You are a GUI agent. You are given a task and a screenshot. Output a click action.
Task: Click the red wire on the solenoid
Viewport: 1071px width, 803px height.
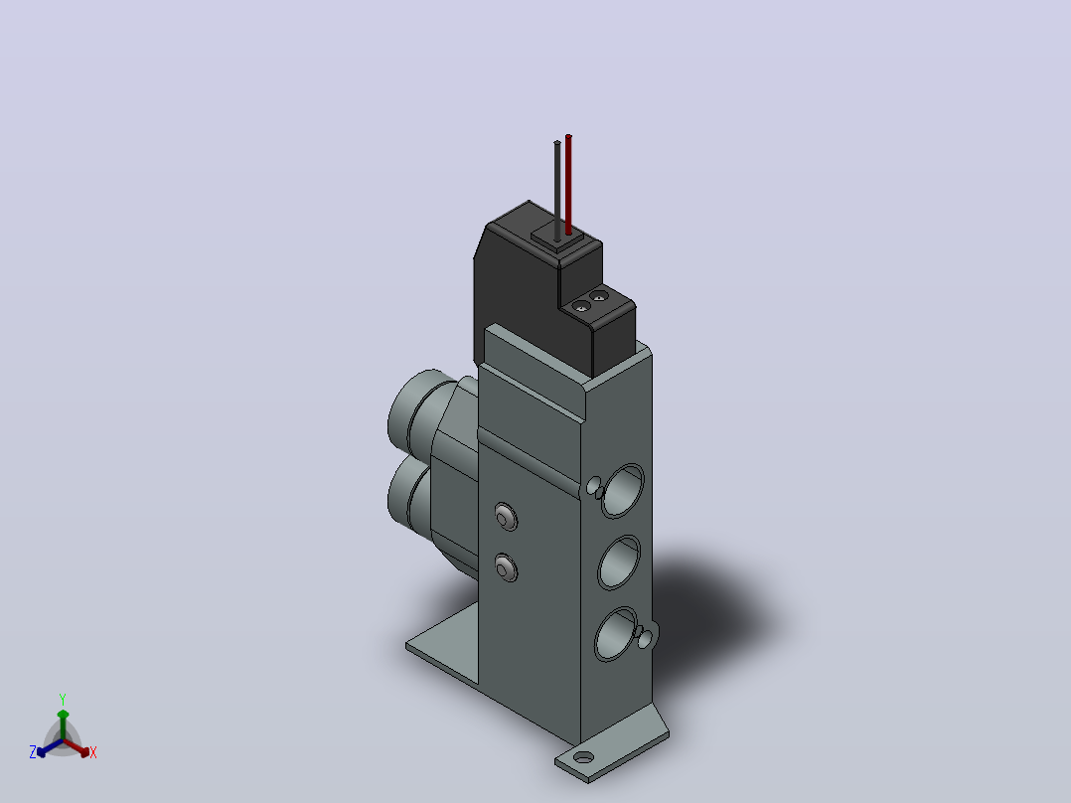coord(568,185)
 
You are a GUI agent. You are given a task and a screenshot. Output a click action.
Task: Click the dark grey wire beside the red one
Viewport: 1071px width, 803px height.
coord(557,191)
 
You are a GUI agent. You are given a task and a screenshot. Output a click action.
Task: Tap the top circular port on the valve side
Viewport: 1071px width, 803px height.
coord(622,490)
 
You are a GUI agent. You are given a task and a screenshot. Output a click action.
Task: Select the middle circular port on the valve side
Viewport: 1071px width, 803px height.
coord(619,562)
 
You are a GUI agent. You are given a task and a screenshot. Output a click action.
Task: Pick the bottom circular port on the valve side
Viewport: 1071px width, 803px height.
coord(616,634)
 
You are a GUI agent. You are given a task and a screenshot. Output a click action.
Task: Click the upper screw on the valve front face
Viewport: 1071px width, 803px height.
coord(506,518)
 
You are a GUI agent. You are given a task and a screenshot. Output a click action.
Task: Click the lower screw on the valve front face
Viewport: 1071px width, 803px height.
coord(506,567)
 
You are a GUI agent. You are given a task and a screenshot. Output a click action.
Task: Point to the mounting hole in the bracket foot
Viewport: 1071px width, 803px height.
coord(583,757)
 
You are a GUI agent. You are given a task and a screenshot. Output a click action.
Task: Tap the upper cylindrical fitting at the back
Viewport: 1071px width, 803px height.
coord(416,408)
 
